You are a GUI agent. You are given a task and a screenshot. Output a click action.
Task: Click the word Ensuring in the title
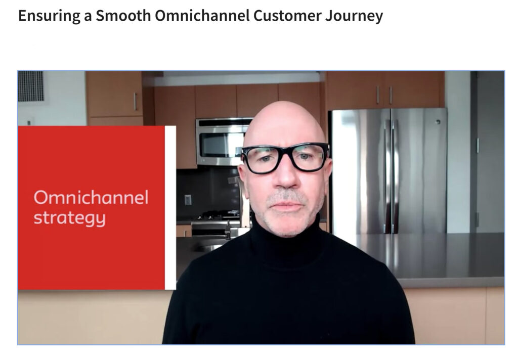click(49, 16)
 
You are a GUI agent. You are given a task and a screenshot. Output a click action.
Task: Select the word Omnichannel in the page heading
click(202, 15)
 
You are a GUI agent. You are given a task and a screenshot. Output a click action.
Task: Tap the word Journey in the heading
click(354, 16)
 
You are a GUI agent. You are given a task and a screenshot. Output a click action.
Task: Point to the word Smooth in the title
click(123, 15)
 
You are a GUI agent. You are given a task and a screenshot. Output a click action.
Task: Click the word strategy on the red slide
click(69, 218)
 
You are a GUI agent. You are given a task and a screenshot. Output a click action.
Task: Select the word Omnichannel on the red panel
click(91, 198)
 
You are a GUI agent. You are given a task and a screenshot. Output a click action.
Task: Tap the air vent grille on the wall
click(31, 86)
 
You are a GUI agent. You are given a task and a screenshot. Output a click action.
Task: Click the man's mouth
click(286, 206)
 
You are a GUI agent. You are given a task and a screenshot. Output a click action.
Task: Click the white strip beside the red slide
click(170, 208)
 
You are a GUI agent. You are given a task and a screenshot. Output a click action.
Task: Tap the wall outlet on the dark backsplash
click(188, 200)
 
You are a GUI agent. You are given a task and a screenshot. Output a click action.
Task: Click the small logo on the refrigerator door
click(438, 122)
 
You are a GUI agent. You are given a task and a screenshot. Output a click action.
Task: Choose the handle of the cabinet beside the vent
click(135, 102)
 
